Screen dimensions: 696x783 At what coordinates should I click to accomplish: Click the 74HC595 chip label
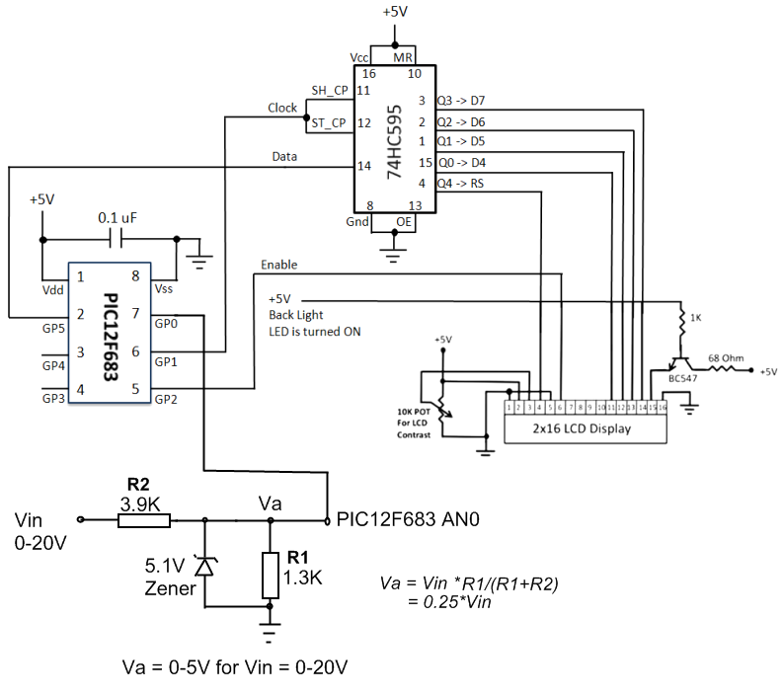tap(393, 139)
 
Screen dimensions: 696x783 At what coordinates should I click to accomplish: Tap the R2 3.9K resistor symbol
tap(144, 519)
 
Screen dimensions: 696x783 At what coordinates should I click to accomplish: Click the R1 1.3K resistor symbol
tap(270, 576)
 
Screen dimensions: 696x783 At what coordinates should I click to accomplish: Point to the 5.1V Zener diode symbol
tap(204, 566)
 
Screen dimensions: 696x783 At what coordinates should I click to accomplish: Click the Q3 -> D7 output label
tap(460, 100)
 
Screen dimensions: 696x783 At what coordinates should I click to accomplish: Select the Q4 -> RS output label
tap(460, 183)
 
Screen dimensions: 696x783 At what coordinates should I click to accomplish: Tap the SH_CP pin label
tap(329, 89)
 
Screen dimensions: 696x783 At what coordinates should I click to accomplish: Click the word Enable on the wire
tap(278, 265)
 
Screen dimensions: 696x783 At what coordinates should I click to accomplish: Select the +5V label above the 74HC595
tap(394, 13)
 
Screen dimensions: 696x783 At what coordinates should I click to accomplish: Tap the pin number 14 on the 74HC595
tap(365, 165)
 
